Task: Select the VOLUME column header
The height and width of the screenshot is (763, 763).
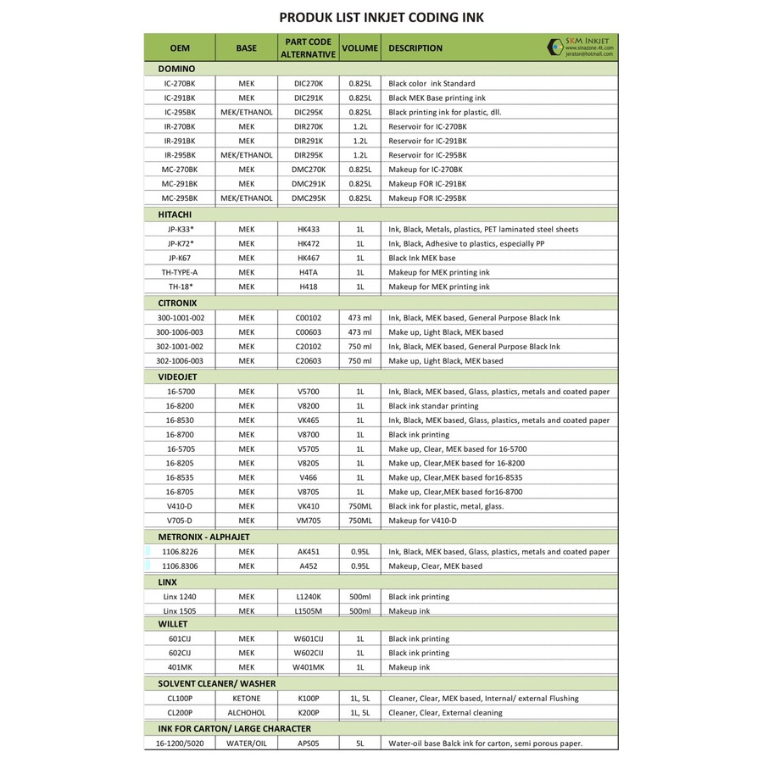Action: tap(359, 48)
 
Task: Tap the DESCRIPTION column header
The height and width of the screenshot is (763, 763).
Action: tap(415, 48)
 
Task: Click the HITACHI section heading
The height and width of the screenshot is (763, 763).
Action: tap(175, 214)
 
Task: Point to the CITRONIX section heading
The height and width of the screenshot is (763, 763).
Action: tap(177, 303)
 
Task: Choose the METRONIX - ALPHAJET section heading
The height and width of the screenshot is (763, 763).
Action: tap(203, 537)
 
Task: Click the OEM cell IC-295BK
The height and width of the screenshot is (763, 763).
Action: tap(180, 112)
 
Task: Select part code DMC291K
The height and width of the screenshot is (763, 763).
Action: tap(309, 184)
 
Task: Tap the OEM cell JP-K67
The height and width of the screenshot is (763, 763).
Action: tap(180, 258)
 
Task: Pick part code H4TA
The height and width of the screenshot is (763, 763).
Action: tap(309, 272)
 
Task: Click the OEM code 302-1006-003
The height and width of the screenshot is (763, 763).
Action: tap(180, 361)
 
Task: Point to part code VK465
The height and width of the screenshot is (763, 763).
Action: tap(309, 420)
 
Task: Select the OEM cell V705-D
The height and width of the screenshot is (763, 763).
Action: tap(180, 521)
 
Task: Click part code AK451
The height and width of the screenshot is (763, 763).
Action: tap(309, 552)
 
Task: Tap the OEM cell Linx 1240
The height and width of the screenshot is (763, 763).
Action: tap(180, 597)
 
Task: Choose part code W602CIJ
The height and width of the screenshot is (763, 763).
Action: tap(309, 654)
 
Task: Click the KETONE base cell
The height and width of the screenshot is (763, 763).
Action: tap(247, 699)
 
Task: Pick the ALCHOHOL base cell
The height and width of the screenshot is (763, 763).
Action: tap(247, 713)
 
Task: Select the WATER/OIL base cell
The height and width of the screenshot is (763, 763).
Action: tap(247, 744)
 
